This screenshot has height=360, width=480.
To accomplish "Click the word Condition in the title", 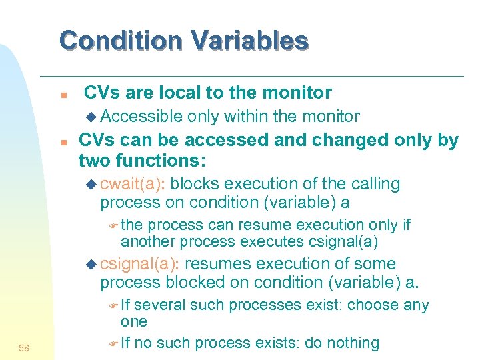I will [x=121, y=41].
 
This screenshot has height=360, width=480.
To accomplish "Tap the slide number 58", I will [x=25, y=347].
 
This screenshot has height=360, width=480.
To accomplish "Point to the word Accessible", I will [x=143, y=117].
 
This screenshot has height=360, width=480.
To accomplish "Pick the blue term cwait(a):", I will [x=137, y=184].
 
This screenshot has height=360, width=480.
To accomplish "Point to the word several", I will [x=160, y=305].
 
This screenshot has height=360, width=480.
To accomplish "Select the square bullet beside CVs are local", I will [x=61, y=94].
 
